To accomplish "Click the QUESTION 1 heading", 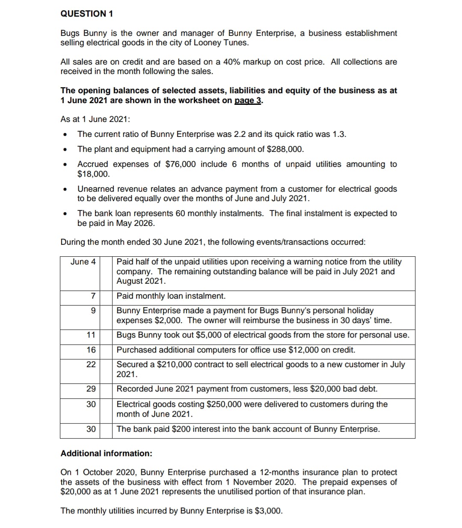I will (87, 14).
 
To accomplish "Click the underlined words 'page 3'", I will (248, 101).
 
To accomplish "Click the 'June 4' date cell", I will (83, 262).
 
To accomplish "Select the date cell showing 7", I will (92, 296).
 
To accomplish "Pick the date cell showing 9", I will (92, 311).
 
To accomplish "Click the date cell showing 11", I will (91, 335).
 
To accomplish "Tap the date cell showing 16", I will (91, 350).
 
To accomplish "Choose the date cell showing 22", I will (91, 365).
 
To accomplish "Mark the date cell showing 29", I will (91, 389).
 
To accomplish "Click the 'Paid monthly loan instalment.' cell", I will (171, 296).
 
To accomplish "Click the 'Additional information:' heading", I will (106, 454).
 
